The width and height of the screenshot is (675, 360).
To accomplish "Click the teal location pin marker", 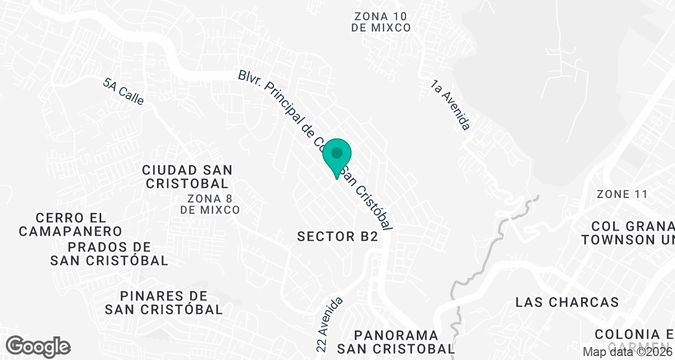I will (337, 157).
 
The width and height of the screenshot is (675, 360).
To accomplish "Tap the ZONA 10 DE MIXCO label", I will (381, 22).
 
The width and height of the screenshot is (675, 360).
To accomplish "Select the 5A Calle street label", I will (124, 92).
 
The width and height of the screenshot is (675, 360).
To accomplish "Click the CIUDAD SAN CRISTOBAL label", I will (187, 177).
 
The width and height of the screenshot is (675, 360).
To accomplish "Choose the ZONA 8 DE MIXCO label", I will (210, 204).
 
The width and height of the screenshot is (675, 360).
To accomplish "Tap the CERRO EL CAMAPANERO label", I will (70, 224).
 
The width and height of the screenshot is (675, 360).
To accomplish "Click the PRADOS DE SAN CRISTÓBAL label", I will (109, 254).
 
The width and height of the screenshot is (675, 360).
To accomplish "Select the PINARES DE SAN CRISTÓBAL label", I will (164, 303).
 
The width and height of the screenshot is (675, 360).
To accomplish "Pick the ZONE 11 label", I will (622, 195).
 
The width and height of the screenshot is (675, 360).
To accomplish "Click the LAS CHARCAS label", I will (567, 302).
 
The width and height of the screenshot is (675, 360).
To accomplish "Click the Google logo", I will (38, 346).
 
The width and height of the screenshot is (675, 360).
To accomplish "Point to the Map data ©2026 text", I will (627, 352).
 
